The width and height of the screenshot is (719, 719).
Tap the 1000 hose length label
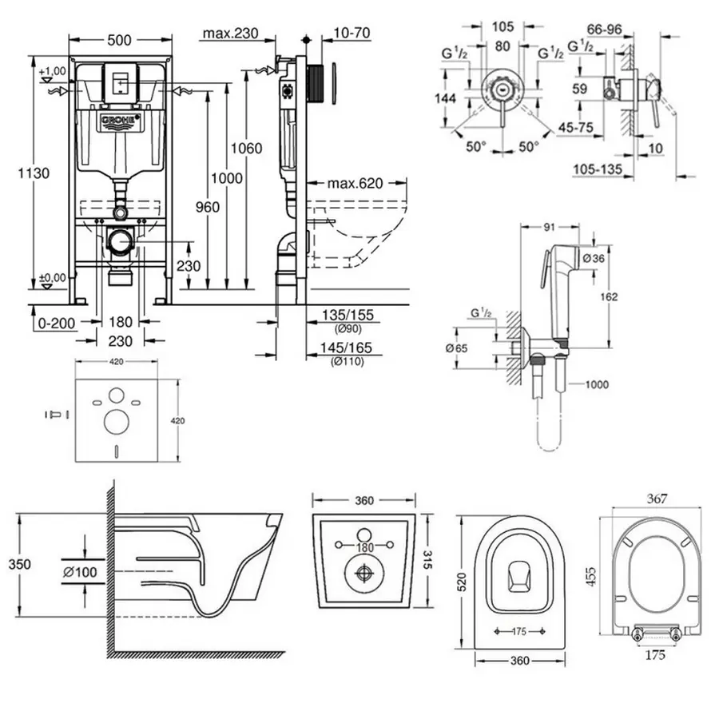[595, 384]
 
